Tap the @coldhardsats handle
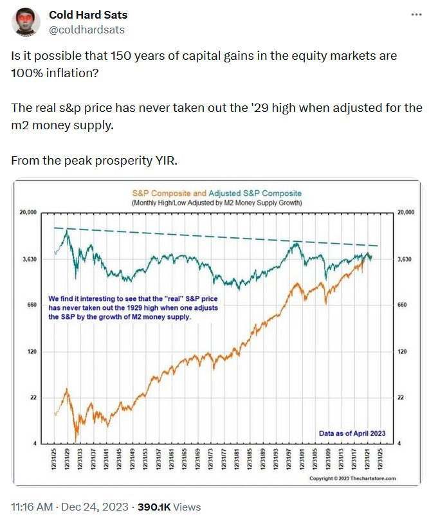86,30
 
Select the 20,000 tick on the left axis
28,212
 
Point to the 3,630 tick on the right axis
405,259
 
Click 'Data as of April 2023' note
352,433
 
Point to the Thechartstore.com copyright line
352,478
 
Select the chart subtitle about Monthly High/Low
216,203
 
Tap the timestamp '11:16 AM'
30,507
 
